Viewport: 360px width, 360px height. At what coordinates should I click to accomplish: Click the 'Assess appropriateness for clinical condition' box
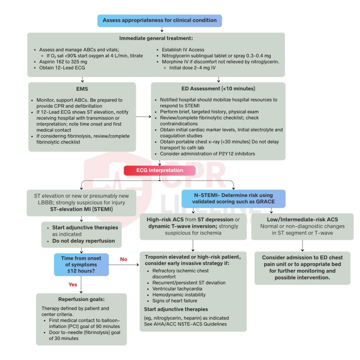tap(160, 20)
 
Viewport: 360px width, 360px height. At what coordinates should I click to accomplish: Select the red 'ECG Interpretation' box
tap(160, 171)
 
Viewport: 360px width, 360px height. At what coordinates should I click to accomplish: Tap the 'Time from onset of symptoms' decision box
tap(81, 264)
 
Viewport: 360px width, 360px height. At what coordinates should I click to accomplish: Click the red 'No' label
tap(123, 259)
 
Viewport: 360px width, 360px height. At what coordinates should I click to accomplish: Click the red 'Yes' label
tap(73, 284)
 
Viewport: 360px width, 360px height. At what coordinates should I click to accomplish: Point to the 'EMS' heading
tap(82, 89)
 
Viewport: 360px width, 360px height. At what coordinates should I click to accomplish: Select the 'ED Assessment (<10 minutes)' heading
tap(218, 89)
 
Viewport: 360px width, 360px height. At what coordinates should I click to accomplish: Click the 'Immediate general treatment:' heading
tap(156, 38)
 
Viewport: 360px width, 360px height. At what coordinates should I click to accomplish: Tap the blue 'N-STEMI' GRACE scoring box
tap(233, 199)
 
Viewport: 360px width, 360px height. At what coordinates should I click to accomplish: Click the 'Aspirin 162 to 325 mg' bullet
tap(63, 62)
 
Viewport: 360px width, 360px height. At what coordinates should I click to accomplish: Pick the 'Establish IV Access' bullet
tap(183, 50)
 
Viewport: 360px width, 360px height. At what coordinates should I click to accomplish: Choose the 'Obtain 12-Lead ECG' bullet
tap(62, 67)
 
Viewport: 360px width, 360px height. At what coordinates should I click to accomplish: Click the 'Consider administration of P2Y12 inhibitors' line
tap(207, 154)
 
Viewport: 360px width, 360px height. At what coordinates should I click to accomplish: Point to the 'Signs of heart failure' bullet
tap(175, 301)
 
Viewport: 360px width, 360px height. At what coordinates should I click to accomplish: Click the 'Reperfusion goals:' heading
tap(81, 300)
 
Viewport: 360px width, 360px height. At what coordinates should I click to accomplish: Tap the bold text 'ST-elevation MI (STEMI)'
tap(81, 209)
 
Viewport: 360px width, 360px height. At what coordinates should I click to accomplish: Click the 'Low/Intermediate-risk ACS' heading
tap(302, 219)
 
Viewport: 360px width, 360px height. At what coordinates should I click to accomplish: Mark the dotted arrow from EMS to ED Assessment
tap(143, 116)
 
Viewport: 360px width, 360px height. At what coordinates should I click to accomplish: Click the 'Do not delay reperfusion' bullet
tap(83, 241)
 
